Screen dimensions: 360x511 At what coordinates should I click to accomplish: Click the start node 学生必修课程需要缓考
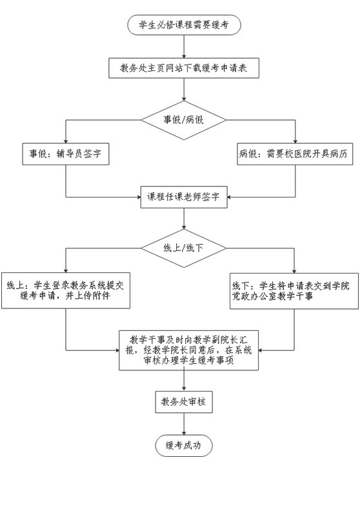tap(184, 25)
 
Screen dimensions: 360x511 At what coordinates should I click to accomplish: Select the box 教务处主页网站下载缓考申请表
tap(184, 68)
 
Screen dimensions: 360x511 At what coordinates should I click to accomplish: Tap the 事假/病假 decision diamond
tap(184, 120)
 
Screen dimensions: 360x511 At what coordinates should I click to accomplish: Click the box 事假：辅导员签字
tap(66, 154)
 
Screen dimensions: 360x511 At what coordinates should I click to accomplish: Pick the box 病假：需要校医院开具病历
tap(295, 154)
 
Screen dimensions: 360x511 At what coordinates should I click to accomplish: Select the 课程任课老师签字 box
tap(184, 197)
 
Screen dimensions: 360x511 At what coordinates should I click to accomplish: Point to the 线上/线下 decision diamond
tap(184, 248)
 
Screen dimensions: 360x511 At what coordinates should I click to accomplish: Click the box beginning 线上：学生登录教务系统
tap(66, 291)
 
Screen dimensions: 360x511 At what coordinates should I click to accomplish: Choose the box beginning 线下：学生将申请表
tap(294, 291)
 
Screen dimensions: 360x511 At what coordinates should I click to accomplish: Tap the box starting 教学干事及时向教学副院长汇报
tap(188, 350)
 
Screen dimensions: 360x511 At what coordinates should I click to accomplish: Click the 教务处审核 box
tap(184, 402)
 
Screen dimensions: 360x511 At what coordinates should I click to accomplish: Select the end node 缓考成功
tap(184, 445)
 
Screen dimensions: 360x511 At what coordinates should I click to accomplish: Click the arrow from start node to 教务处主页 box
tap(184, 46)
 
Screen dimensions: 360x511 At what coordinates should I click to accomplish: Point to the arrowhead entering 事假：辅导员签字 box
tap(66, 141)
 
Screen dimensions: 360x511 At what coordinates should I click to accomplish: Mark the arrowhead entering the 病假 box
tap(295, 141)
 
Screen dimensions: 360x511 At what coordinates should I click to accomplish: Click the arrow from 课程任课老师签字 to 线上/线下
tap(184, 219)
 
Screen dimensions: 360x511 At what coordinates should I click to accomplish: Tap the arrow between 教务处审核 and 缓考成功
tap(184, 424)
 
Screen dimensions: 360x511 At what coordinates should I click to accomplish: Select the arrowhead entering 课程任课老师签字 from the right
tap(230, 197)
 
